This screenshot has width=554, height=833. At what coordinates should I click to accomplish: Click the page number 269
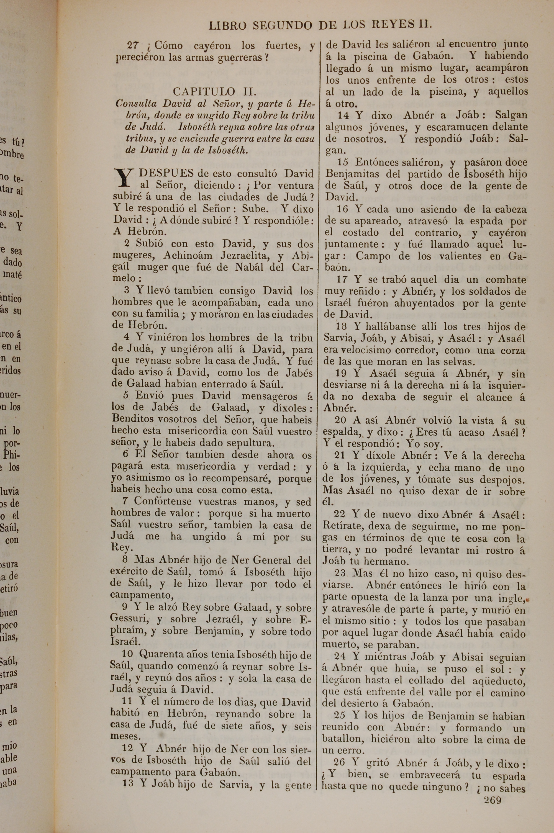(x=493, y=799)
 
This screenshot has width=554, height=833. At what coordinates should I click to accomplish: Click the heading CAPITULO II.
(x=214, y=92)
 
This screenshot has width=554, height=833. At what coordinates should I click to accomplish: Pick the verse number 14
(x=343, y=115)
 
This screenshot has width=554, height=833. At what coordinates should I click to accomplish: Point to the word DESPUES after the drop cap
(x=166, y=173)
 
